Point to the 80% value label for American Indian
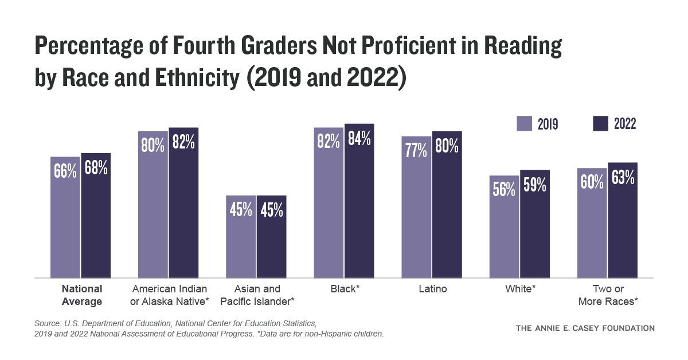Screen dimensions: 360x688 click(x=153, y=144)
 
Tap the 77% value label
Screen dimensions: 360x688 click(x=416, y=150)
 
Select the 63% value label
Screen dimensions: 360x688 click(x=623, y=177)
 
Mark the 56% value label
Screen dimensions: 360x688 click(x=504, y=189)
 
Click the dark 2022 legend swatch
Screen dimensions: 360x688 click(x=600, y=124)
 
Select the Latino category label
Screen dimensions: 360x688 click(x=432, y=289)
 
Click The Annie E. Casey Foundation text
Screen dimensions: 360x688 click(x=585, y=328)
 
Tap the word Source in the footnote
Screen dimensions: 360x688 click(x=48, y=324)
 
